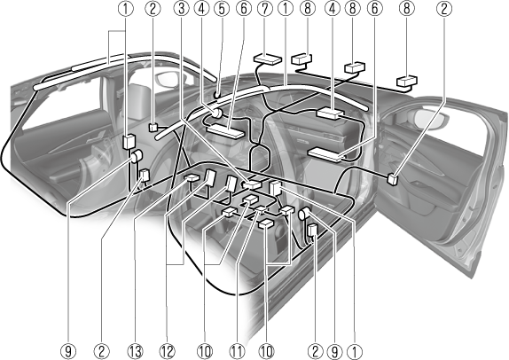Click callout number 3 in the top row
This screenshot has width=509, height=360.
pyautogui.click(x=182, y=9)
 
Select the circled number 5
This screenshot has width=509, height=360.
pyautogui.click(x=222, y=9)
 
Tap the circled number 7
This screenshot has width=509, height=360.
pyautogui.click(x=265, y=9)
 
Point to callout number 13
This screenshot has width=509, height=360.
pyautogui.click(x=135, y=351)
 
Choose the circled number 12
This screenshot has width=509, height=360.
pyautogui.click(x=167, y=351)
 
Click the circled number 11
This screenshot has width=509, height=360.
pyautogui.click(x=237, y=351)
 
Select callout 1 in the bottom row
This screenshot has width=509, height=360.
pyautogui.click(x=354, y=351)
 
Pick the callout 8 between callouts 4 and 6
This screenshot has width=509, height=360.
pyautogui.click(x=353, y=9)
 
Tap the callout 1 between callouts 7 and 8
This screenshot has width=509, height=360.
pyautogui.click(x=286, y=9)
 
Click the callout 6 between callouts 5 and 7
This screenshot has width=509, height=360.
pyautogui.click(x=244, y=9)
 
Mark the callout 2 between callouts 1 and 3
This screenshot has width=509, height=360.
pyautogui.click(x=153, y=9)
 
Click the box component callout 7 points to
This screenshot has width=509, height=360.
pyautogui.click(x=268, y=59)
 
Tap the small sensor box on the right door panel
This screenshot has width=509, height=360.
pyautogui.click(x=393, y=179)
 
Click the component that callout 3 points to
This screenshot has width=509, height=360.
pyautogui.click(x=252, y=184)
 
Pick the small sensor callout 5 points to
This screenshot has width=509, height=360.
pyautogui.click(x=215, y=95)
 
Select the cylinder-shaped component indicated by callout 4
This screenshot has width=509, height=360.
pyautogui.click(x=216, y=113)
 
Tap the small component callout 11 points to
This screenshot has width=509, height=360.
pyautogui.click(x=261, y=209)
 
